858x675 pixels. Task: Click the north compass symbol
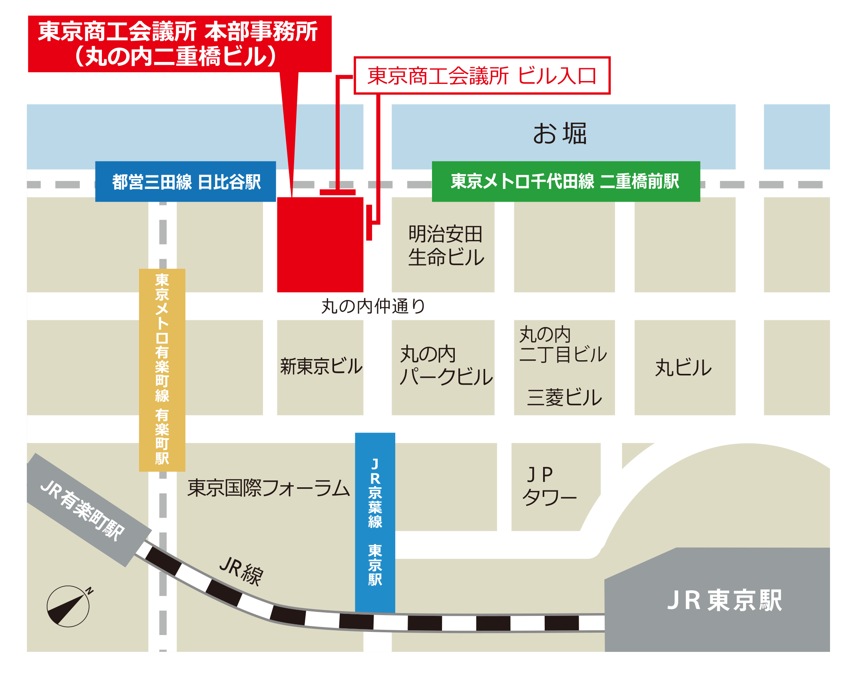coord(68,606)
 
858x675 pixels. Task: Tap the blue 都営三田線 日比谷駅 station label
coord(185,182)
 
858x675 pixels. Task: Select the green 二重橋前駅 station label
coord(565,181)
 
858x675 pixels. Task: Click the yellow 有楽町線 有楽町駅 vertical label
coord(162,369)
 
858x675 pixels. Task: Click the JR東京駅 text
coord(724,600)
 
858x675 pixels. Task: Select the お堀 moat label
coord(559,133)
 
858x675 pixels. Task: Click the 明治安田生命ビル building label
coord(446,245)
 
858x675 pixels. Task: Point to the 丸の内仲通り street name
coord(373,306)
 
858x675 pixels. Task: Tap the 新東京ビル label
coord(321,366)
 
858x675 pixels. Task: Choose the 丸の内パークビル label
coord(446,365)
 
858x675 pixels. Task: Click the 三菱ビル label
coord(564,397)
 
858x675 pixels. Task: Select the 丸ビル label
coord(683,367)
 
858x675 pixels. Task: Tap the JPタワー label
coord(549,486)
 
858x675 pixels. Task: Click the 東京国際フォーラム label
coord(269,488)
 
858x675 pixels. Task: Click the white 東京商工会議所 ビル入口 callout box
coord(482,75)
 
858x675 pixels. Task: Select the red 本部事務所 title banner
coord(179,44)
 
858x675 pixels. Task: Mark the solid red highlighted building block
coord(320,244)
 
